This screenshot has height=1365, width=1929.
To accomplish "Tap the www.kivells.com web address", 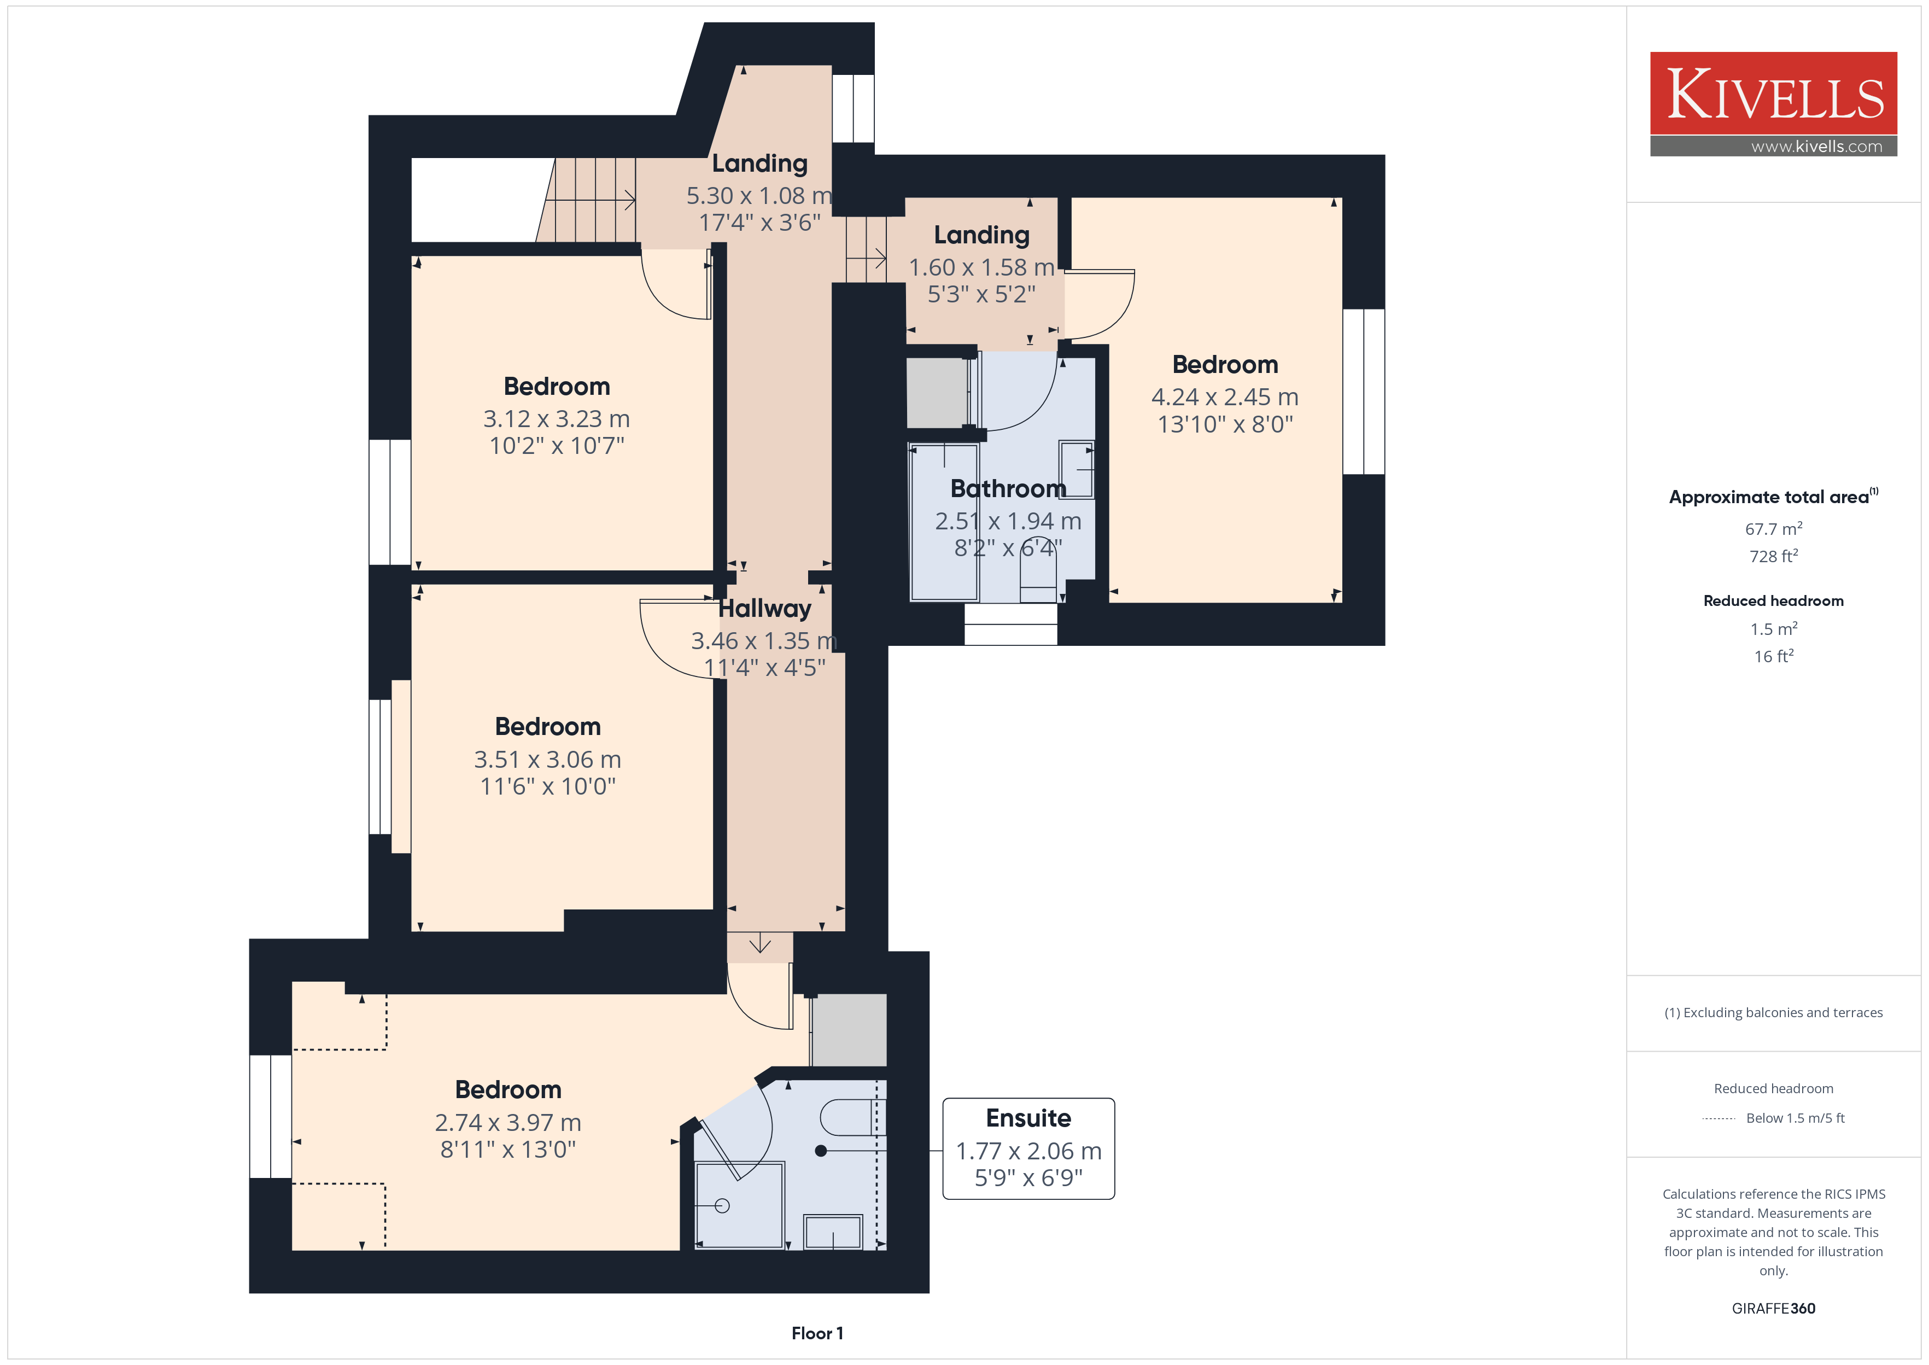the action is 1816,146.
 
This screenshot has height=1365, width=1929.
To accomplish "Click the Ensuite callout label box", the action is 1028,1148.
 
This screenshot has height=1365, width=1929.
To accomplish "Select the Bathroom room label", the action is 1008,488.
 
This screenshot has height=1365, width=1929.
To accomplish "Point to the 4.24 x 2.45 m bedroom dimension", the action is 1225,396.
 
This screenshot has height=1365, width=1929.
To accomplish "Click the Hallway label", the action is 764,609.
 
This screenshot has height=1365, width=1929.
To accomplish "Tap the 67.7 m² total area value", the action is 1774,529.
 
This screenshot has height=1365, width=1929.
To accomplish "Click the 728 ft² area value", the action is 1774,556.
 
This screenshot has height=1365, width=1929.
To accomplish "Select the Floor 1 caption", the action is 817,1333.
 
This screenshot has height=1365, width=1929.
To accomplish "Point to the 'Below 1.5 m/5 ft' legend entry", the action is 1796,1118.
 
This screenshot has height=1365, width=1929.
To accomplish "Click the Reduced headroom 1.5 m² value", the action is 1774,629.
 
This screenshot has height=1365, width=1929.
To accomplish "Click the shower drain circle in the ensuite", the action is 722,1205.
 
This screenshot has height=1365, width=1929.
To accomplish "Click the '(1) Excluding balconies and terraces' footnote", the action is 1774,1013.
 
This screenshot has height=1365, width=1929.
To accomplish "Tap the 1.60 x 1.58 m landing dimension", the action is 981,267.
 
